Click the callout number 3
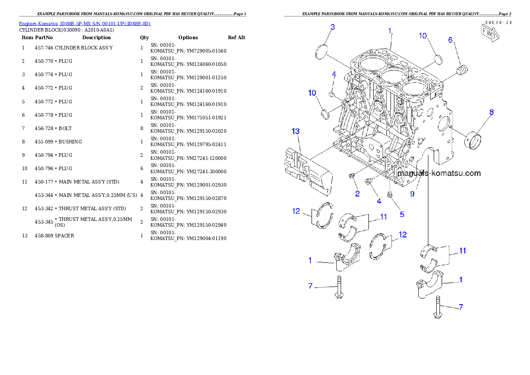(332, 27)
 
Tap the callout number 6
(450, 40)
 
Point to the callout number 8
(492, 112)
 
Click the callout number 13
(296, 131)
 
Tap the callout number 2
(357, 194)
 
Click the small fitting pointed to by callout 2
(352, 177)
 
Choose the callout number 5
(402, 214)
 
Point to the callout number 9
(412, 194)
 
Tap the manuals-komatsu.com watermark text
(439, 173)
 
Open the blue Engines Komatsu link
(85, 23)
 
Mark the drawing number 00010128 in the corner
(498, 22)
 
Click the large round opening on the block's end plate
(444, 125)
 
